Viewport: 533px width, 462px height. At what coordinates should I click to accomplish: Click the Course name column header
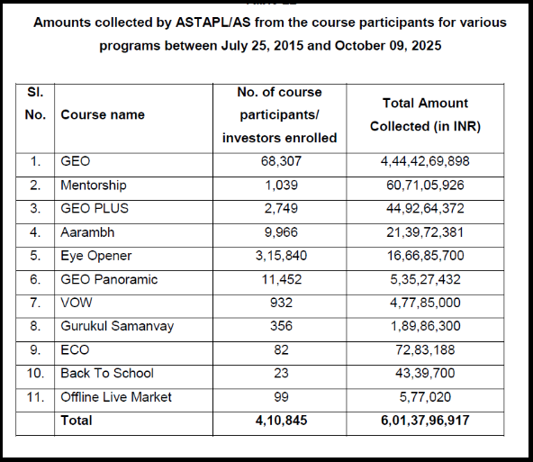coord(102,115)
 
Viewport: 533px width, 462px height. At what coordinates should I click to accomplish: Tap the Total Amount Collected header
coord(425,115)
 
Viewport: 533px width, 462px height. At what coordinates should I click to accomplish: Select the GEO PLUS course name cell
coord(95,208)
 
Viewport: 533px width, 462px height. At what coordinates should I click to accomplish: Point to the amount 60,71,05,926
coord(425,185)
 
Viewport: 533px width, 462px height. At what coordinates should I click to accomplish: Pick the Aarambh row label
coord(87,232)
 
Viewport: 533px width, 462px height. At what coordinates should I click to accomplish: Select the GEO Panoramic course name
coord(109,279)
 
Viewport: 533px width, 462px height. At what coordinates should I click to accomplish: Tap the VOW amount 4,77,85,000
coord(425,303)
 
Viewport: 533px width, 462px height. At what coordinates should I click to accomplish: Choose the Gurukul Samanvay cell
coord(117,326)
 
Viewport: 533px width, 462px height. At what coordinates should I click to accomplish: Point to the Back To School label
coord(107,373)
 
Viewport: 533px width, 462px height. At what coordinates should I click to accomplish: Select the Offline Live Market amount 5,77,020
coord(425,396)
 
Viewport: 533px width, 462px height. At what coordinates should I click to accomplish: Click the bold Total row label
coord(77,420)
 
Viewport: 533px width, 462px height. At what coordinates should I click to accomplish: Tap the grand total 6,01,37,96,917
coord(425,420)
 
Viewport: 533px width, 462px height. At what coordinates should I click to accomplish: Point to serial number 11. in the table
coord(37,396)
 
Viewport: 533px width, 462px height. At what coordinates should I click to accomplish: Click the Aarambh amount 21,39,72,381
coord(425,232)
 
